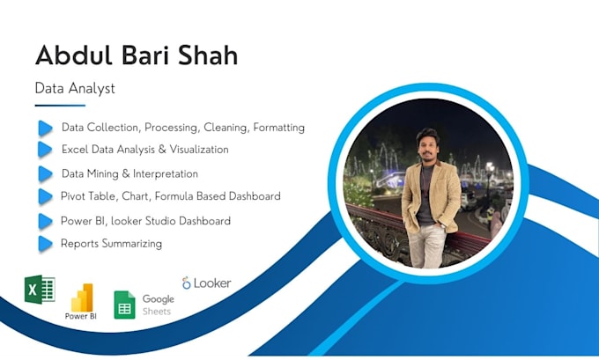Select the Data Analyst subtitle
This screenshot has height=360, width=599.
(75, 88)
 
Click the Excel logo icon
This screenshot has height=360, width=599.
(40, 290)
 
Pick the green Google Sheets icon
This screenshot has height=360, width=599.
(124, 305)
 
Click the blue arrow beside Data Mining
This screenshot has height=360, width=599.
(45, 173)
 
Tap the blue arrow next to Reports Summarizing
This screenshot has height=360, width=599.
(45, 243)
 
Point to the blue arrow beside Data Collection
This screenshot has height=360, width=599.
(45, 128)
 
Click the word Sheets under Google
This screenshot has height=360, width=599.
(157, 311)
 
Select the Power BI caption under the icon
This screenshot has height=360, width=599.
(81, 315)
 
